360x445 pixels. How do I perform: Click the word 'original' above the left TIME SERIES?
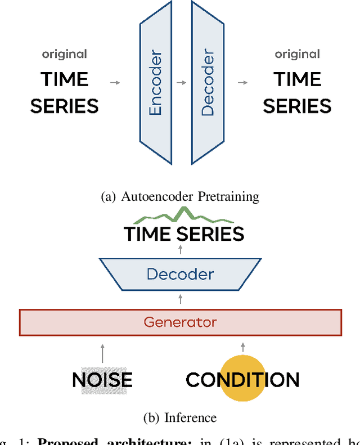(64, 54)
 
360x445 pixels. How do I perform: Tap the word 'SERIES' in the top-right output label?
(297, 106)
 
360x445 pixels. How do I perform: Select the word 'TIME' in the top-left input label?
(64, 79)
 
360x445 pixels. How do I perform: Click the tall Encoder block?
(156, 83)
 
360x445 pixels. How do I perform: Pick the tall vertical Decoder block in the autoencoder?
(208, 83)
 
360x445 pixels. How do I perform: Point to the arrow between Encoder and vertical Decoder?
(181, 83)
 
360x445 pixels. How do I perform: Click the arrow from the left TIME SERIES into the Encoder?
(115, 83)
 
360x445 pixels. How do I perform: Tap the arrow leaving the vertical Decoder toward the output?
(242, 83)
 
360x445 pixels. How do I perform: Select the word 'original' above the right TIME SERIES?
(297, 54)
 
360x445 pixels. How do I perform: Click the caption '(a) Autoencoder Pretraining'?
(180, 196)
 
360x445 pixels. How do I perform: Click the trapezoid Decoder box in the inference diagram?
(180, 275)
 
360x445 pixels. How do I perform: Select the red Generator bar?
(180, 322)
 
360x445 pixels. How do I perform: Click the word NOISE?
(102, 380)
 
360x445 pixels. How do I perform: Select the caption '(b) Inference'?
(180, 417)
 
